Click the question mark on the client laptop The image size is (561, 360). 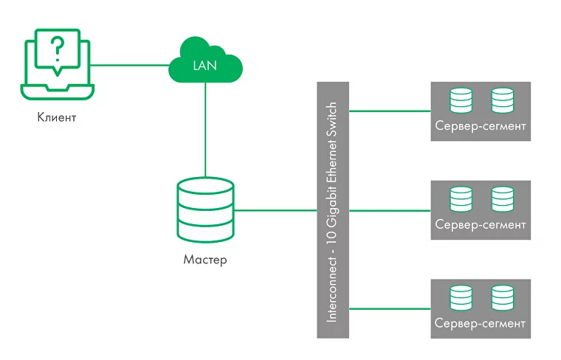(x=56, y=49)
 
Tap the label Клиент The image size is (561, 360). (x=57, y=117)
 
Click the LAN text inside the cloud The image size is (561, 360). (x=205, y=66)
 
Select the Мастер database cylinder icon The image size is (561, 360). (x=205, y=210)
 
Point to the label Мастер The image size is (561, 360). (x=205, y=260)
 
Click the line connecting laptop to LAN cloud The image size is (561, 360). (x=129, y=65)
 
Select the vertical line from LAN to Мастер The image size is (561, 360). (x=205, y=129)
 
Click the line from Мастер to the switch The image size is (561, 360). (x=275, y=210)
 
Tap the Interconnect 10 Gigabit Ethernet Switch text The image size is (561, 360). (x=332, y=210)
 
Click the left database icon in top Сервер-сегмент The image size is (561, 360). (x=461, y=100)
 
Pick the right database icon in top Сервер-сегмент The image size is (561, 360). (x=502, y=100)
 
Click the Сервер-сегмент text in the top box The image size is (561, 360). (x=481, y=125)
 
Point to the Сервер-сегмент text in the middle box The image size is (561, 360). (x=481, y=224)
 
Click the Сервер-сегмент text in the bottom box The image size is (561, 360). (x=481, y=323)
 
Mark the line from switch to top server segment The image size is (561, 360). (x=389, y=111)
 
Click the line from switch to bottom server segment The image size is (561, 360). (x=389, y=308)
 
